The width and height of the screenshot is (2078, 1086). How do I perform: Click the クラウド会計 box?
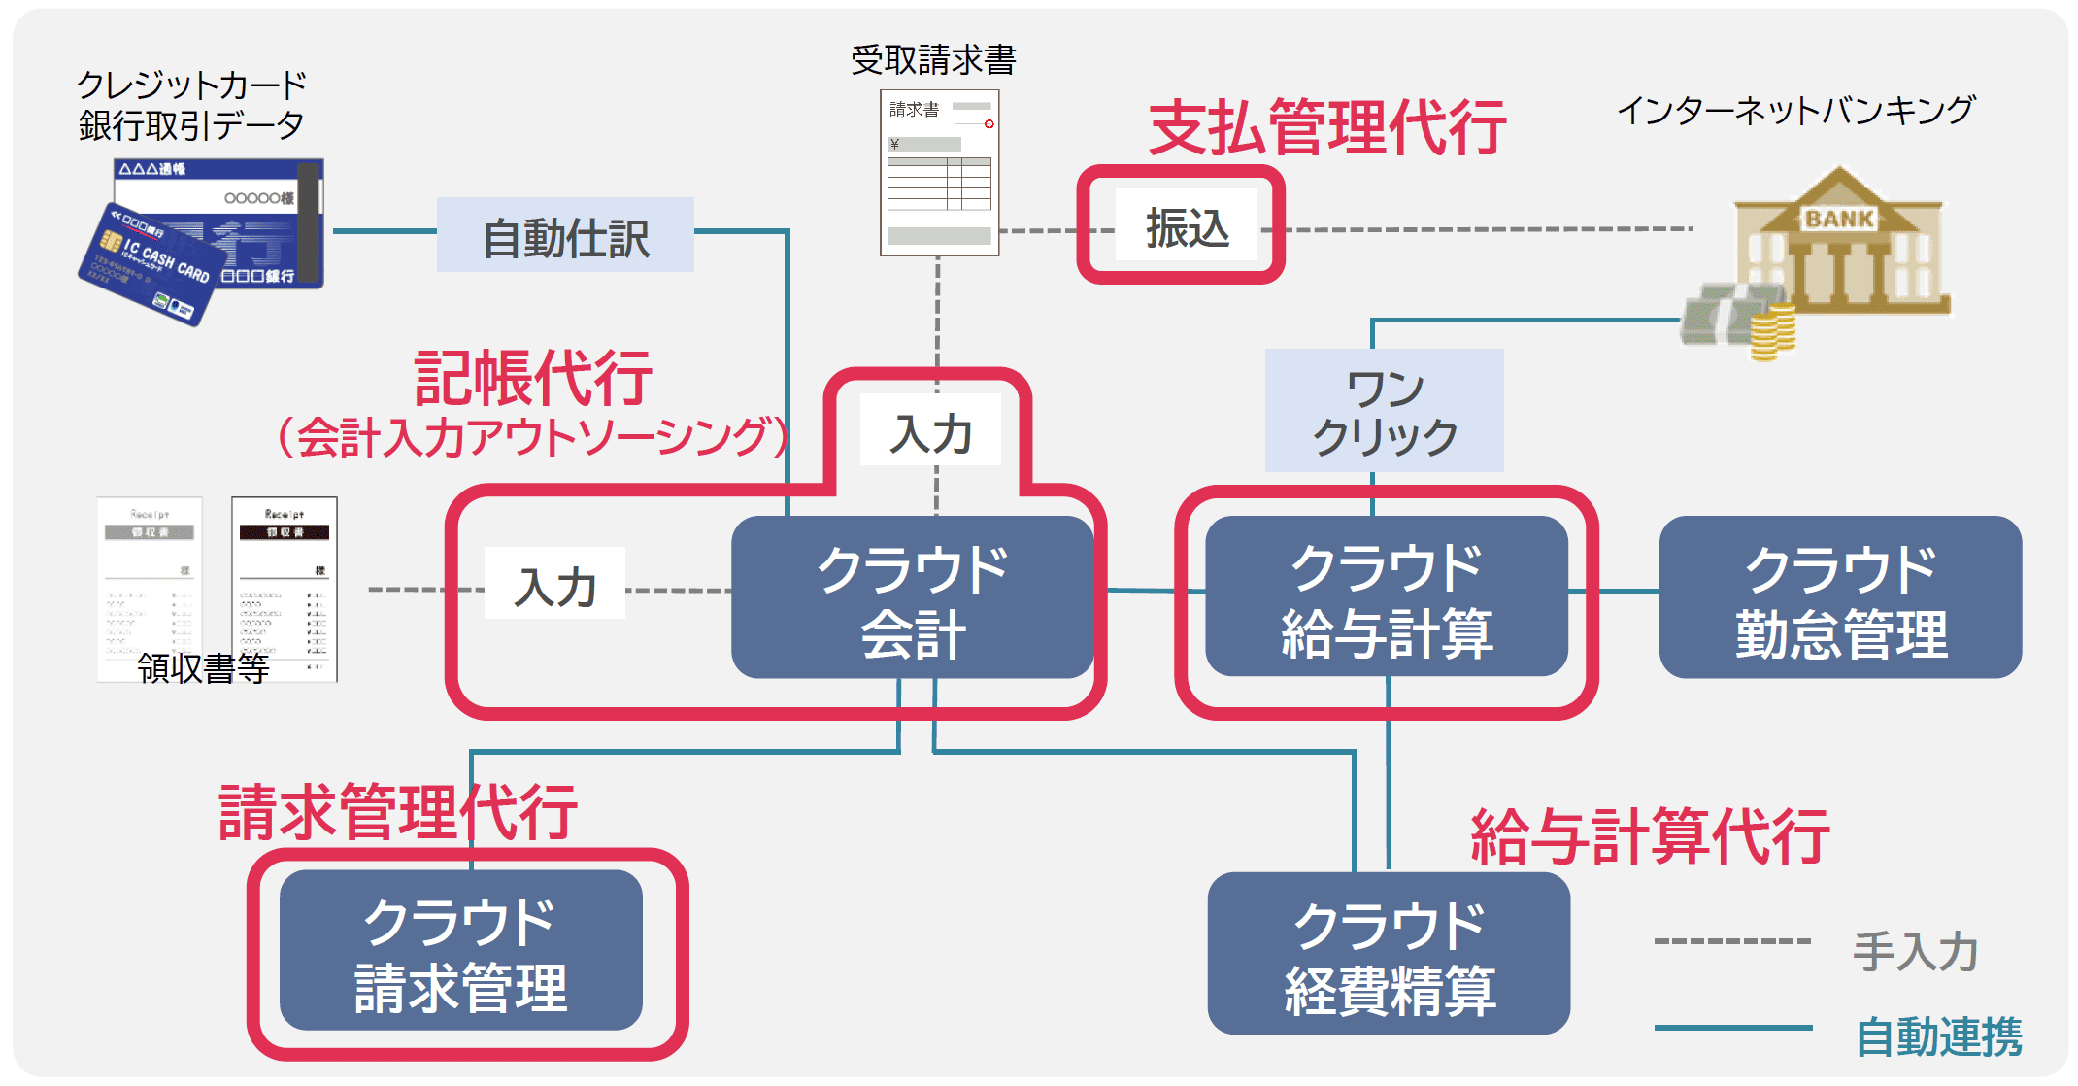(912, 598)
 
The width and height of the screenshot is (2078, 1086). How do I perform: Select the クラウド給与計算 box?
(1387, 598)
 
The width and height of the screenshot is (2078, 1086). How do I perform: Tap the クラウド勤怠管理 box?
(1840, 598)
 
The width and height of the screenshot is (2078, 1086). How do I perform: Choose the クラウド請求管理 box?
(460, 951)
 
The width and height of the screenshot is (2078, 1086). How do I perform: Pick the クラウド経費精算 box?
(1389, 955)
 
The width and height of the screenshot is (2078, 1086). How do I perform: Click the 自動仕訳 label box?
(565, 236)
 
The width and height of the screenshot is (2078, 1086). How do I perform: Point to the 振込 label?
(1187, 227)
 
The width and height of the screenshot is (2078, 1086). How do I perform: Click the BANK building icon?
(1840, 243)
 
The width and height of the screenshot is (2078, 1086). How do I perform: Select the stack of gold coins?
(1771, 332)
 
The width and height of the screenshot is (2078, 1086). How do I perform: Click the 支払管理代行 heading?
(1327, 127)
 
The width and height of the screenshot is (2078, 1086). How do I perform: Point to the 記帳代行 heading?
(532, 379)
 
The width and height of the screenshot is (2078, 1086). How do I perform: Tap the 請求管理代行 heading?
(398, 812)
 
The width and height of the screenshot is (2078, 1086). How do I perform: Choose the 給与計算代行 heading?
(1650, 835)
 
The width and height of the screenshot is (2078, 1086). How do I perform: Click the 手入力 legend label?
(1915, 950)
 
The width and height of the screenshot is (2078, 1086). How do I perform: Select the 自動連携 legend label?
(1938, 1036)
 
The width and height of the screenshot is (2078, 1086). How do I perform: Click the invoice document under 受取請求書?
(939, 173)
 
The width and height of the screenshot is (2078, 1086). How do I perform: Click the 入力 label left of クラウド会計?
(554, 586)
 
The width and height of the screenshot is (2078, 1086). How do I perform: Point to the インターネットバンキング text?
(1794, 110)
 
